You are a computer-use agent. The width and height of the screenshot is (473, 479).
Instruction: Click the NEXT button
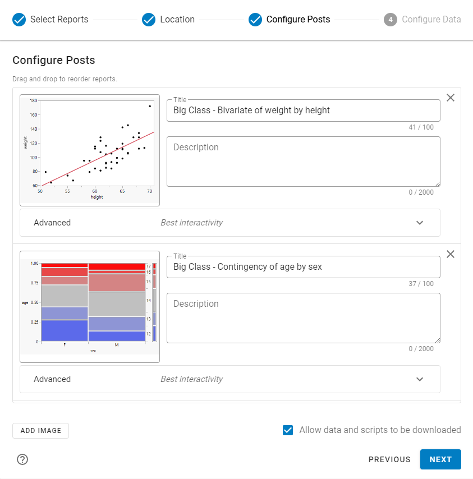coord(440,459)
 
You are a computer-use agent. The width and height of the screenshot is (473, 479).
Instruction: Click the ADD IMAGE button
coord(40,431)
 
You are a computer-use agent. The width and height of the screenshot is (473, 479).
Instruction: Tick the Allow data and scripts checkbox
coord(288,430)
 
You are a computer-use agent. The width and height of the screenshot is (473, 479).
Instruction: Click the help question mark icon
coord(22,459)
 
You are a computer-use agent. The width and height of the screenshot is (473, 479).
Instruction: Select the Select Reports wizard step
coord(50,20)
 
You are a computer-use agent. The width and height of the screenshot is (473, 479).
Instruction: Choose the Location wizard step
coord(168,20)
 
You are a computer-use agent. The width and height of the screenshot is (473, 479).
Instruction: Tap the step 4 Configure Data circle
coord(391,20)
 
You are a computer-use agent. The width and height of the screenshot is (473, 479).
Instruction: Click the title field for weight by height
coord(303,110)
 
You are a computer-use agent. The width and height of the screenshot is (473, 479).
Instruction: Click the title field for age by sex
coord(303,267)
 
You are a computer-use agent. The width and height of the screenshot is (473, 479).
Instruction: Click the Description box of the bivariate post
coord(303,162)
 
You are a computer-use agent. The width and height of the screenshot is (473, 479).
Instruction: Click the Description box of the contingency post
coord(303,318)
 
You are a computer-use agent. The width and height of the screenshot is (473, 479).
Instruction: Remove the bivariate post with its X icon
coord(451,98)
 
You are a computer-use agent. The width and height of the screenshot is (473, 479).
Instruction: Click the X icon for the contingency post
coord(451,254)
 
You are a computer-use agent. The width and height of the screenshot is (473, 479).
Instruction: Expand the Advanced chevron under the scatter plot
coord(420,223)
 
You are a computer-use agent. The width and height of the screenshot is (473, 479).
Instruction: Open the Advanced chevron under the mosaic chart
coord(420,379)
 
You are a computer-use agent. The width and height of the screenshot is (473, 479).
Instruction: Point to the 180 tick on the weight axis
coord(34,101)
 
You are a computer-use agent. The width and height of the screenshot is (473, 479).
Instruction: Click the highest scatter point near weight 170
coord(150,106)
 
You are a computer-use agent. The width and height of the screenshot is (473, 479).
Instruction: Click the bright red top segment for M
coord(116,266)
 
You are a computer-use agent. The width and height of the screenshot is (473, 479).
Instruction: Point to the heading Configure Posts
coord(54,60)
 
